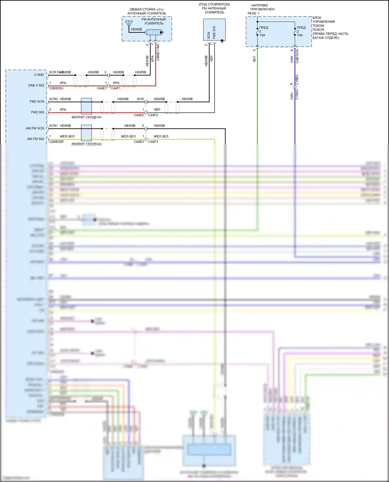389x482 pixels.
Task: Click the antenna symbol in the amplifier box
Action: point(129,24)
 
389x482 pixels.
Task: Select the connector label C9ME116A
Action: point(158,52)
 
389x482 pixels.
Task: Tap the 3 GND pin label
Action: point(39,75)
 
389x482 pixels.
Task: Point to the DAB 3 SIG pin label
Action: point(36,85)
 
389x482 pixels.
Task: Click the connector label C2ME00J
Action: point(56,88)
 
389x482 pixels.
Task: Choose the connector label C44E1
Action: point(102,88)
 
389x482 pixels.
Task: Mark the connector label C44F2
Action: point(153,115)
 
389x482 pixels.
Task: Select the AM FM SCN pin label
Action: point(35,128)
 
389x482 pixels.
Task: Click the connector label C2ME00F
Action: point(56,142)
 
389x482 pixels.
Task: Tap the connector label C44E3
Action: point(139,142)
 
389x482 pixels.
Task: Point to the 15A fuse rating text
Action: point(262,35)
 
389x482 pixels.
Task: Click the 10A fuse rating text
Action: point(300,35)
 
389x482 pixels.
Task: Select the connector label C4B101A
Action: point(297,56)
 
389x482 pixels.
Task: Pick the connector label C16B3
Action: point(297,80)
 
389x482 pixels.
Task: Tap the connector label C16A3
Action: point(297,95)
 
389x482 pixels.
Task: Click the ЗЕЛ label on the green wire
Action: point(254,59)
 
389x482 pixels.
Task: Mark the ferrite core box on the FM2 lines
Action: point(86,106)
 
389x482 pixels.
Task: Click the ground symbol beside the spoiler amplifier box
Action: point(222,41)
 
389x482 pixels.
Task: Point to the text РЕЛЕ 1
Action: point(253,13)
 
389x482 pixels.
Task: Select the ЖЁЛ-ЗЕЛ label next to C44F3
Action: point(161,136)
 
